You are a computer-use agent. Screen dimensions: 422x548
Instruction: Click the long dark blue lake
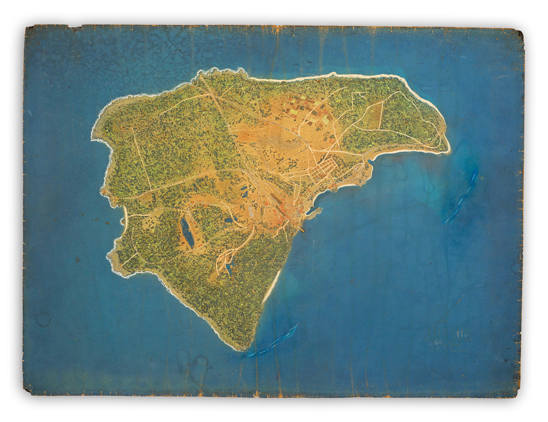point(187,232)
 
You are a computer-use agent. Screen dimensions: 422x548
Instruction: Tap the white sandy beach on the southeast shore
point(271,287)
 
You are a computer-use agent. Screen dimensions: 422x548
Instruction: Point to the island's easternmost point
point(448,150)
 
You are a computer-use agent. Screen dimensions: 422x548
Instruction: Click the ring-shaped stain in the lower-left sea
point(43,319)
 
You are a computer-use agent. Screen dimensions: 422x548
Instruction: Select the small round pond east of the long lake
point(229,220)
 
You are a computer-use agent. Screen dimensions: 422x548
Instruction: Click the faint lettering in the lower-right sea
point(461,334)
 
